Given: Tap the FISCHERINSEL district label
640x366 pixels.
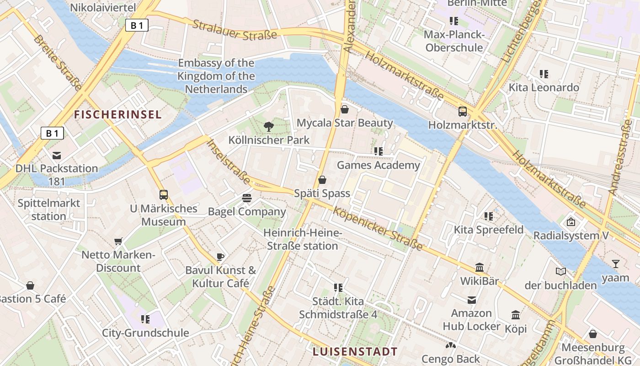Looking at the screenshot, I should [118, 114].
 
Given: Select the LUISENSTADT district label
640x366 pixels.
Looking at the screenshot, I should [355, 351].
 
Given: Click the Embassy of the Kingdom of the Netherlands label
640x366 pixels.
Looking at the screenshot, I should [216, 76].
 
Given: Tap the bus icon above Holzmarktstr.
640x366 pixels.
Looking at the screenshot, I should [463, 111].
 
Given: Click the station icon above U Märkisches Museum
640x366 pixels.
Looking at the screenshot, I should [164, 195].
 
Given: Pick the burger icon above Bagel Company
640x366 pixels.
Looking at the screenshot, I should [247, 198].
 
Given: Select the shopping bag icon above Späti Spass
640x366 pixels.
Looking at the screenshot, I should [322, 180].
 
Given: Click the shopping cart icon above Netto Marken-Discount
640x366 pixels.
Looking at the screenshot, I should [119, 241].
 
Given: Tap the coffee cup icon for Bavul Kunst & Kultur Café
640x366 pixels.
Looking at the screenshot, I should [220, 257].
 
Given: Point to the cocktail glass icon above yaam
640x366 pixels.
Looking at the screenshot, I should [616, 264].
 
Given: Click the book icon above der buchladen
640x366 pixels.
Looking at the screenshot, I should [561, 272].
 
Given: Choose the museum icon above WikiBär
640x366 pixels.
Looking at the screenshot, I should [480, 267].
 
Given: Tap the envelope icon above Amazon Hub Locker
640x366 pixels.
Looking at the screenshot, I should [472, 300].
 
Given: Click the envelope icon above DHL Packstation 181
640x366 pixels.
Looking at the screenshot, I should [57, 155].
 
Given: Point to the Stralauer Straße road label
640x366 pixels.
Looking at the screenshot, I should [235, 29].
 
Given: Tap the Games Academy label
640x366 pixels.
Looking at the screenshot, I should [379, 165].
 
